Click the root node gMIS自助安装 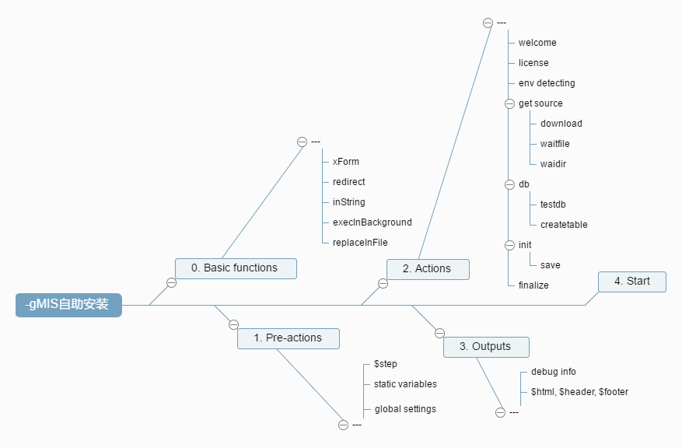click(68, 305)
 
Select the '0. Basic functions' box click(236, 268)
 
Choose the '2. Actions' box click(428, 269)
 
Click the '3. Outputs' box click(487, 347)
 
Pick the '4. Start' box click(631, 282)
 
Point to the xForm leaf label click(345, 162)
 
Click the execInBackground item click(372, 222)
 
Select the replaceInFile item click(360, 243)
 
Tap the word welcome click(537, 43)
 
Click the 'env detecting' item click(547, 83)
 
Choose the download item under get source click(561, 124)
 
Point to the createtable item click(564, 225)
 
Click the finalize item click(533, 285)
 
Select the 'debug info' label click(553, 372)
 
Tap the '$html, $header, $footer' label click(579, 392)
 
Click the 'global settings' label click(405, 409)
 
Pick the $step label click(386, 364)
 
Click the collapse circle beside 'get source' click(510, 103)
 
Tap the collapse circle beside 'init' click(510, 245)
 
